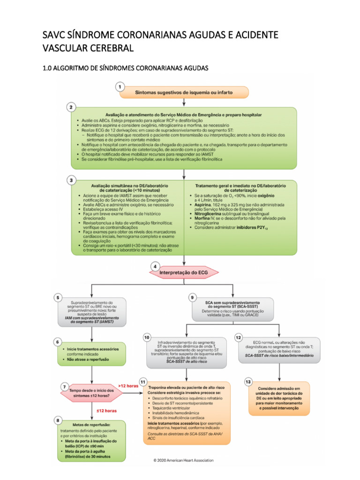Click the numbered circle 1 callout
pos(121,87)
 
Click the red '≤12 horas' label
pos(107,411)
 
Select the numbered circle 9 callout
pos(193,297)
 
